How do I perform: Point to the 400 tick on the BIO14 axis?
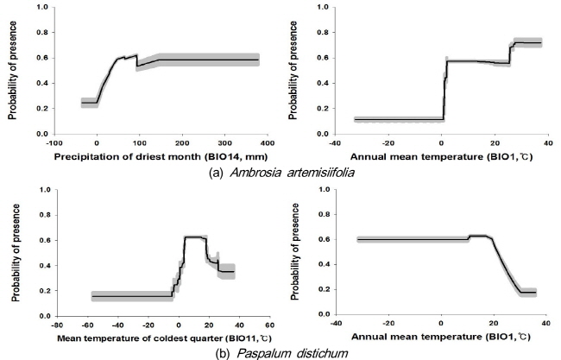point(310,142)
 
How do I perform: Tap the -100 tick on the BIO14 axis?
point(54,142)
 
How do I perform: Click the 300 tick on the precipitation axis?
point(268,142)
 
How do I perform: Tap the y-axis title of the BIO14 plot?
point(15,73)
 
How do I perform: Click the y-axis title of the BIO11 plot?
point(15,253)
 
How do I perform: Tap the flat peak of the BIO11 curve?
point(192,237)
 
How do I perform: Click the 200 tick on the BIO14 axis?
point(182,142)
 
